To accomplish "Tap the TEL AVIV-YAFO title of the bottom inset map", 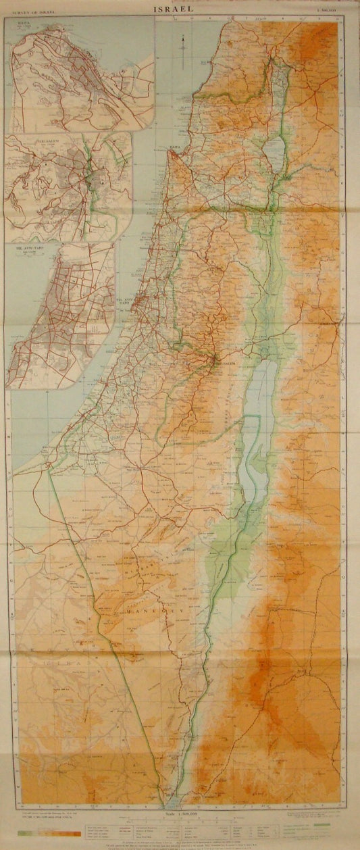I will [26, 248].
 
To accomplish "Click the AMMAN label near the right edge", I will [329, 324].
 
